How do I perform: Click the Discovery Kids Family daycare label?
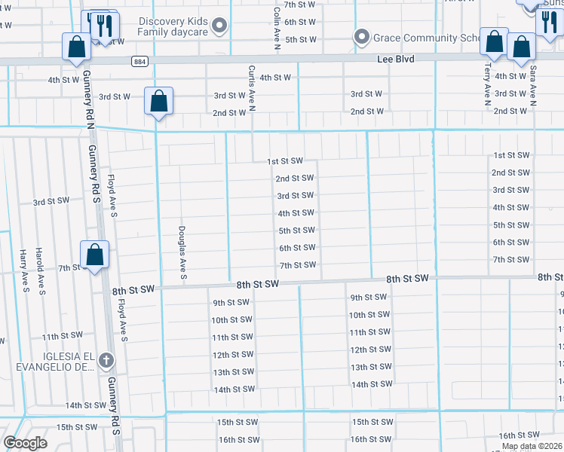tap(173, 26)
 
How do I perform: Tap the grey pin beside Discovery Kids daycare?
tap(220, 27)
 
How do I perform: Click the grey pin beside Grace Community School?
tap(362, 37)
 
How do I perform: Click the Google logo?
tap(26, 443)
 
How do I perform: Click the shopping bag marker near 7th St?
tap(95, 255)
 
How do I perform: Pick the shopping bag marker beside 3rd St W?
tap(159, 101)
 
